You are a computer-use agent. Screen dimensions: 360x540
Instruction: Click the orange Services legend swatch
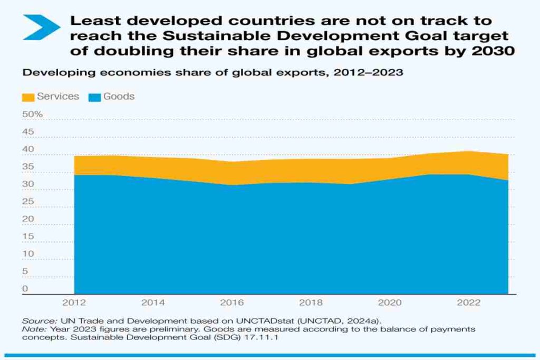[28, 97]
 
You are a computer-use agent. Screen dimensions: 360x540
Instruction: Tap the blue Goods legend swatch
[95, 97]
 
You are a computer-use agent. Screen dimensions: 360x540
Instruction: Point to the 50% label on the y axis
[32, 114]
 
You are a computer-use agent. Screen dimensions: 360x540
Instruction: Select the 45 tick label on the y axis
[28, 132]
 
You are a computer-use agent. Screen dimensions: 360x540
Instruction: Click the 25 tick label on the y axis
[28, 201]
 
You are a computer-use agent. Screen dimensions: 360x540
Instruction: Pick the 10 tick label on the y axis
[27, 254]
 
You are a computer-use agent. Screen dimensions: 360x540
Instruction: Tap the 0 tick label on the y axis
[25, 288]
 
